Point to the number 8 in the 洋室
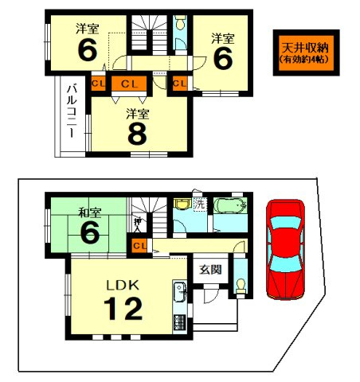tap(138, 133)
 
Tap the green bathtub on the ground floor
tap(230, 206)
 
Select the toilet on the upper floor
tap(178, 26)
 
